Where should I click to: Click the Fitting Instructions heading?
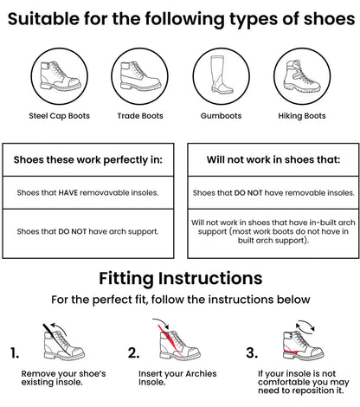pos(180,279)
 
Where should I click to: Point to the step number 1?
pos(15,352)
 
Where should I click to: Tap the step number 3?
pos(252,352)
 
